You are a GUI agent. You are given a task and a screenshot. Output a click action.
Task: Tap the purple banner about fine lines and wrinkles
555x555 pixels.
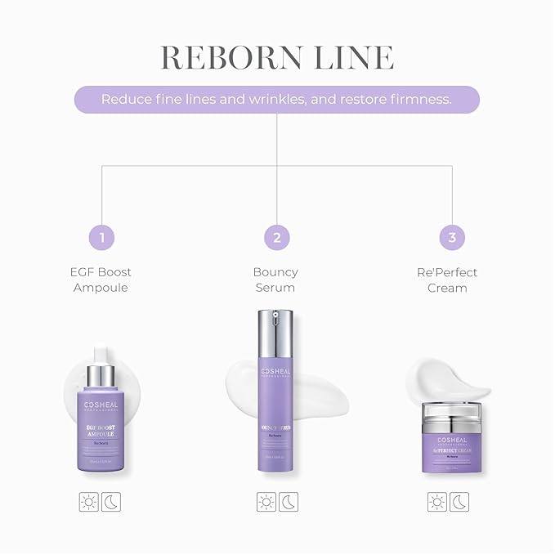(x=277, y=99)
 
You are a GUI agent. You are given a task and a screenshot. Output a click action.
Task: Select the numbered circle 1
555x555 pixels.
(x=101, y=238)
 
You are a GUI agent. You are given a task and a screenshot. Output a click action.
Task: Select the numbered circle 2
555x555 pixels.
(x=277, y=238)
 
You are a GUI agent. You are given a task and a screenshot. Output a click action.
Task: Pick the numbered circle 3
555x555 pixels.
(x=452, y=238)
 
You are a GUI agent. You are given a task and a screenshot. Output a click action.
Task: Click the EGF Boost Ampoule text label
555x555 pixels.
(x=101, y=280)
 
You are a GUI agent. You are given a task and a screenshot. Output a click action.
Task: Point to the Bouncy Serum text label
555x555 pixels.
(x=275, y=280)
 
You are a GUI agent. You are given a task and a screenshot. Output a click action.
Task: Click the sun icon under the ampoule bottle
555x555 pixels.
(x=89, y=502)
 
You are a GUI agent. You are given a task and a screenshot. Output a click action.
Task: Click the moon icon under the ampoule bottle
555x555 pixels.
(x=111, y=502)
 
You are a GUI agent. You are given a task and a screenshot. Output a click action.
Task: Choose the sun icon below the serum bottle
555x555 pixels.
(x=266, y=502)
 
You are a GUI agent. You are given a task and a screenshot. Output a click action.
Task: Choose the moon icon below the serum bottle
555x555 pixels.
(x=289, y=502)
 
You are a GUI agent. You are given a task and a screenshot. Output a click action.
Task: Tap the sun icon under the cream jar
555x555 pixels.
(x=439, y=502)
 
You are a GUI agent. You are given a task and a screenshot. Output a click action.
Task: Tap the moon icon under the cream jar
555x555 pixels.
(x=461, y=502)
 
